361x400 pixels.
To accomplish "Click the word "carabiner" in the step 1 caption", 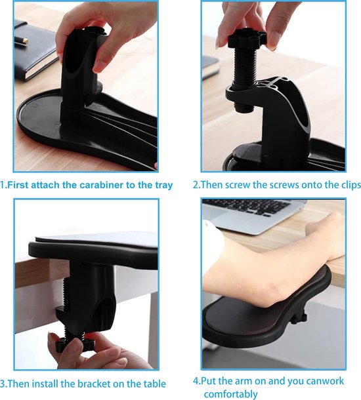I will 106,185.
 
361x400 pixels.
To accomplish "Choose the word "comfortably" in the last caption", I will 230,394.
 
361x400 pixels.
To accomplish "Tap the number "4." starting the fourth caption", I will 197,381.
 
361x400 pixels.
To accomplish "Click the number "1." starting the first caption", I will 4,185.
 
